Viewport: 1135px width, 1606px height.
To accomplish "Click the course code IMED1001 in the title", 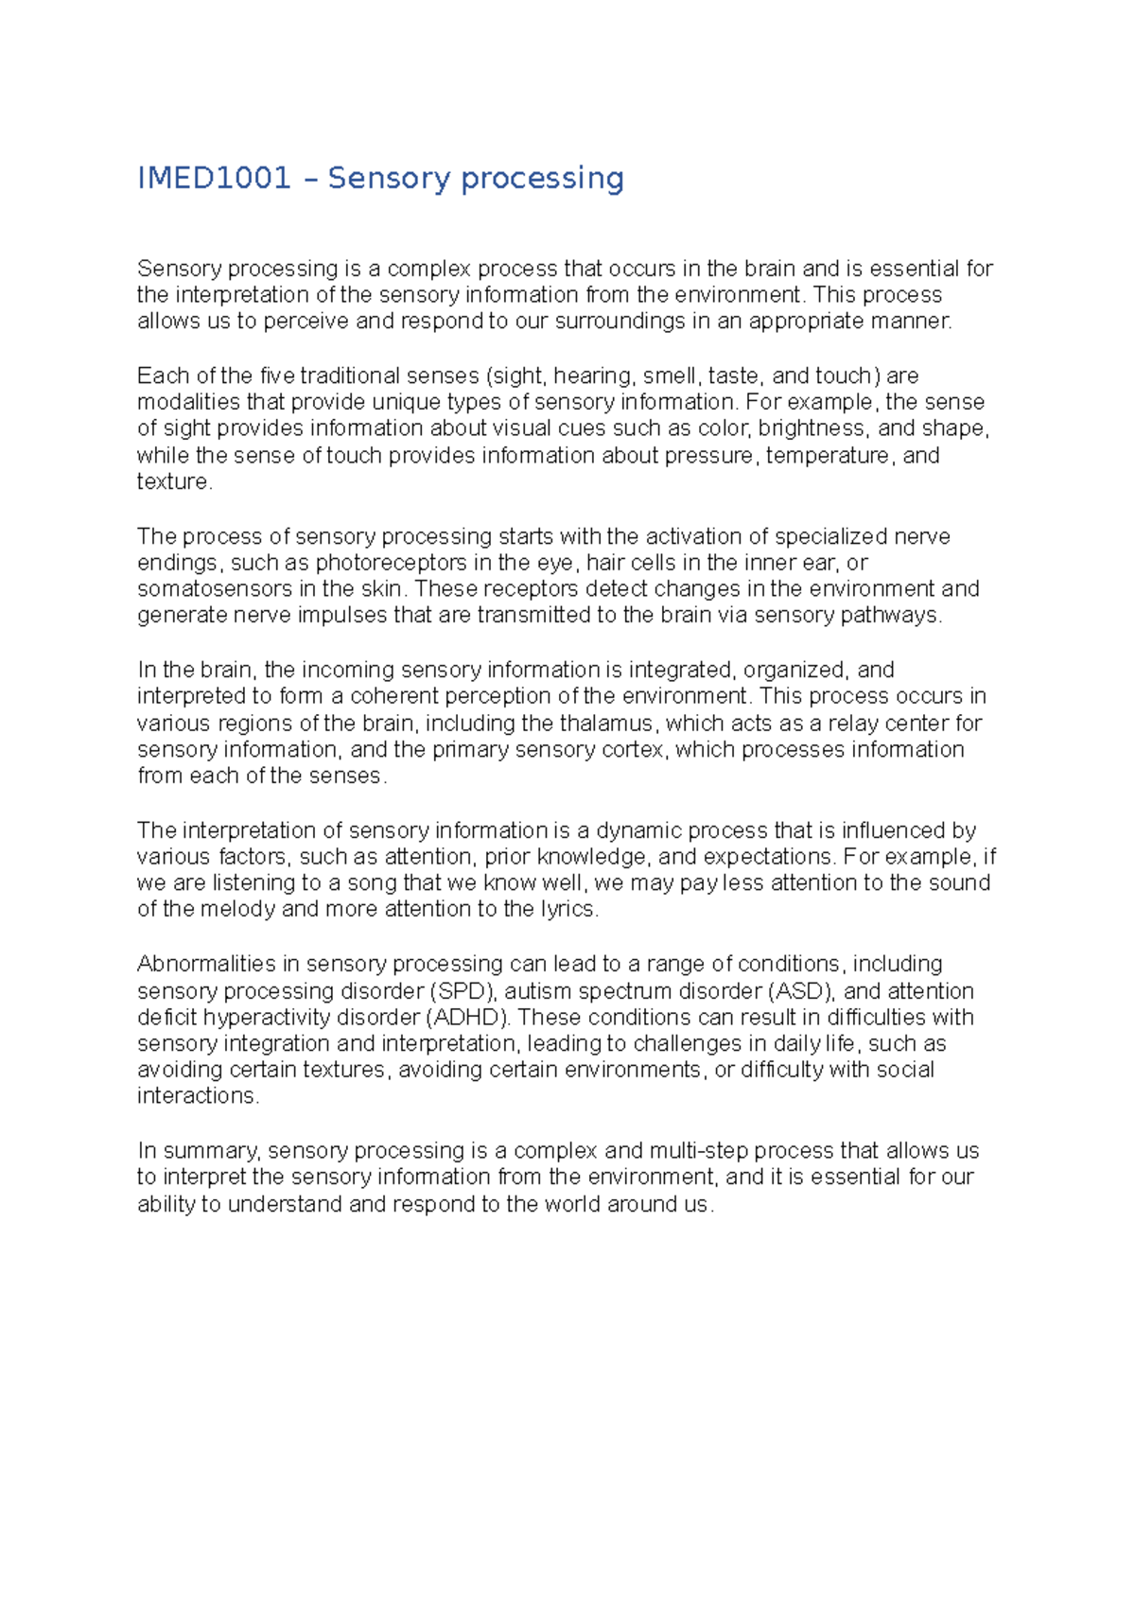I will pyautogui.click(x=214, y=178).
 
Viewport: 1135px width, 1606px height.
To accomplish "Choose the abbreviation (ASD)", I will pyautogui.click(x=800, y=991).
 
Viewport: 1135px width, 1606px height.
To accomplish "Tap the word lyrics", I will pyautogui.click(x=567, y=909).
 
